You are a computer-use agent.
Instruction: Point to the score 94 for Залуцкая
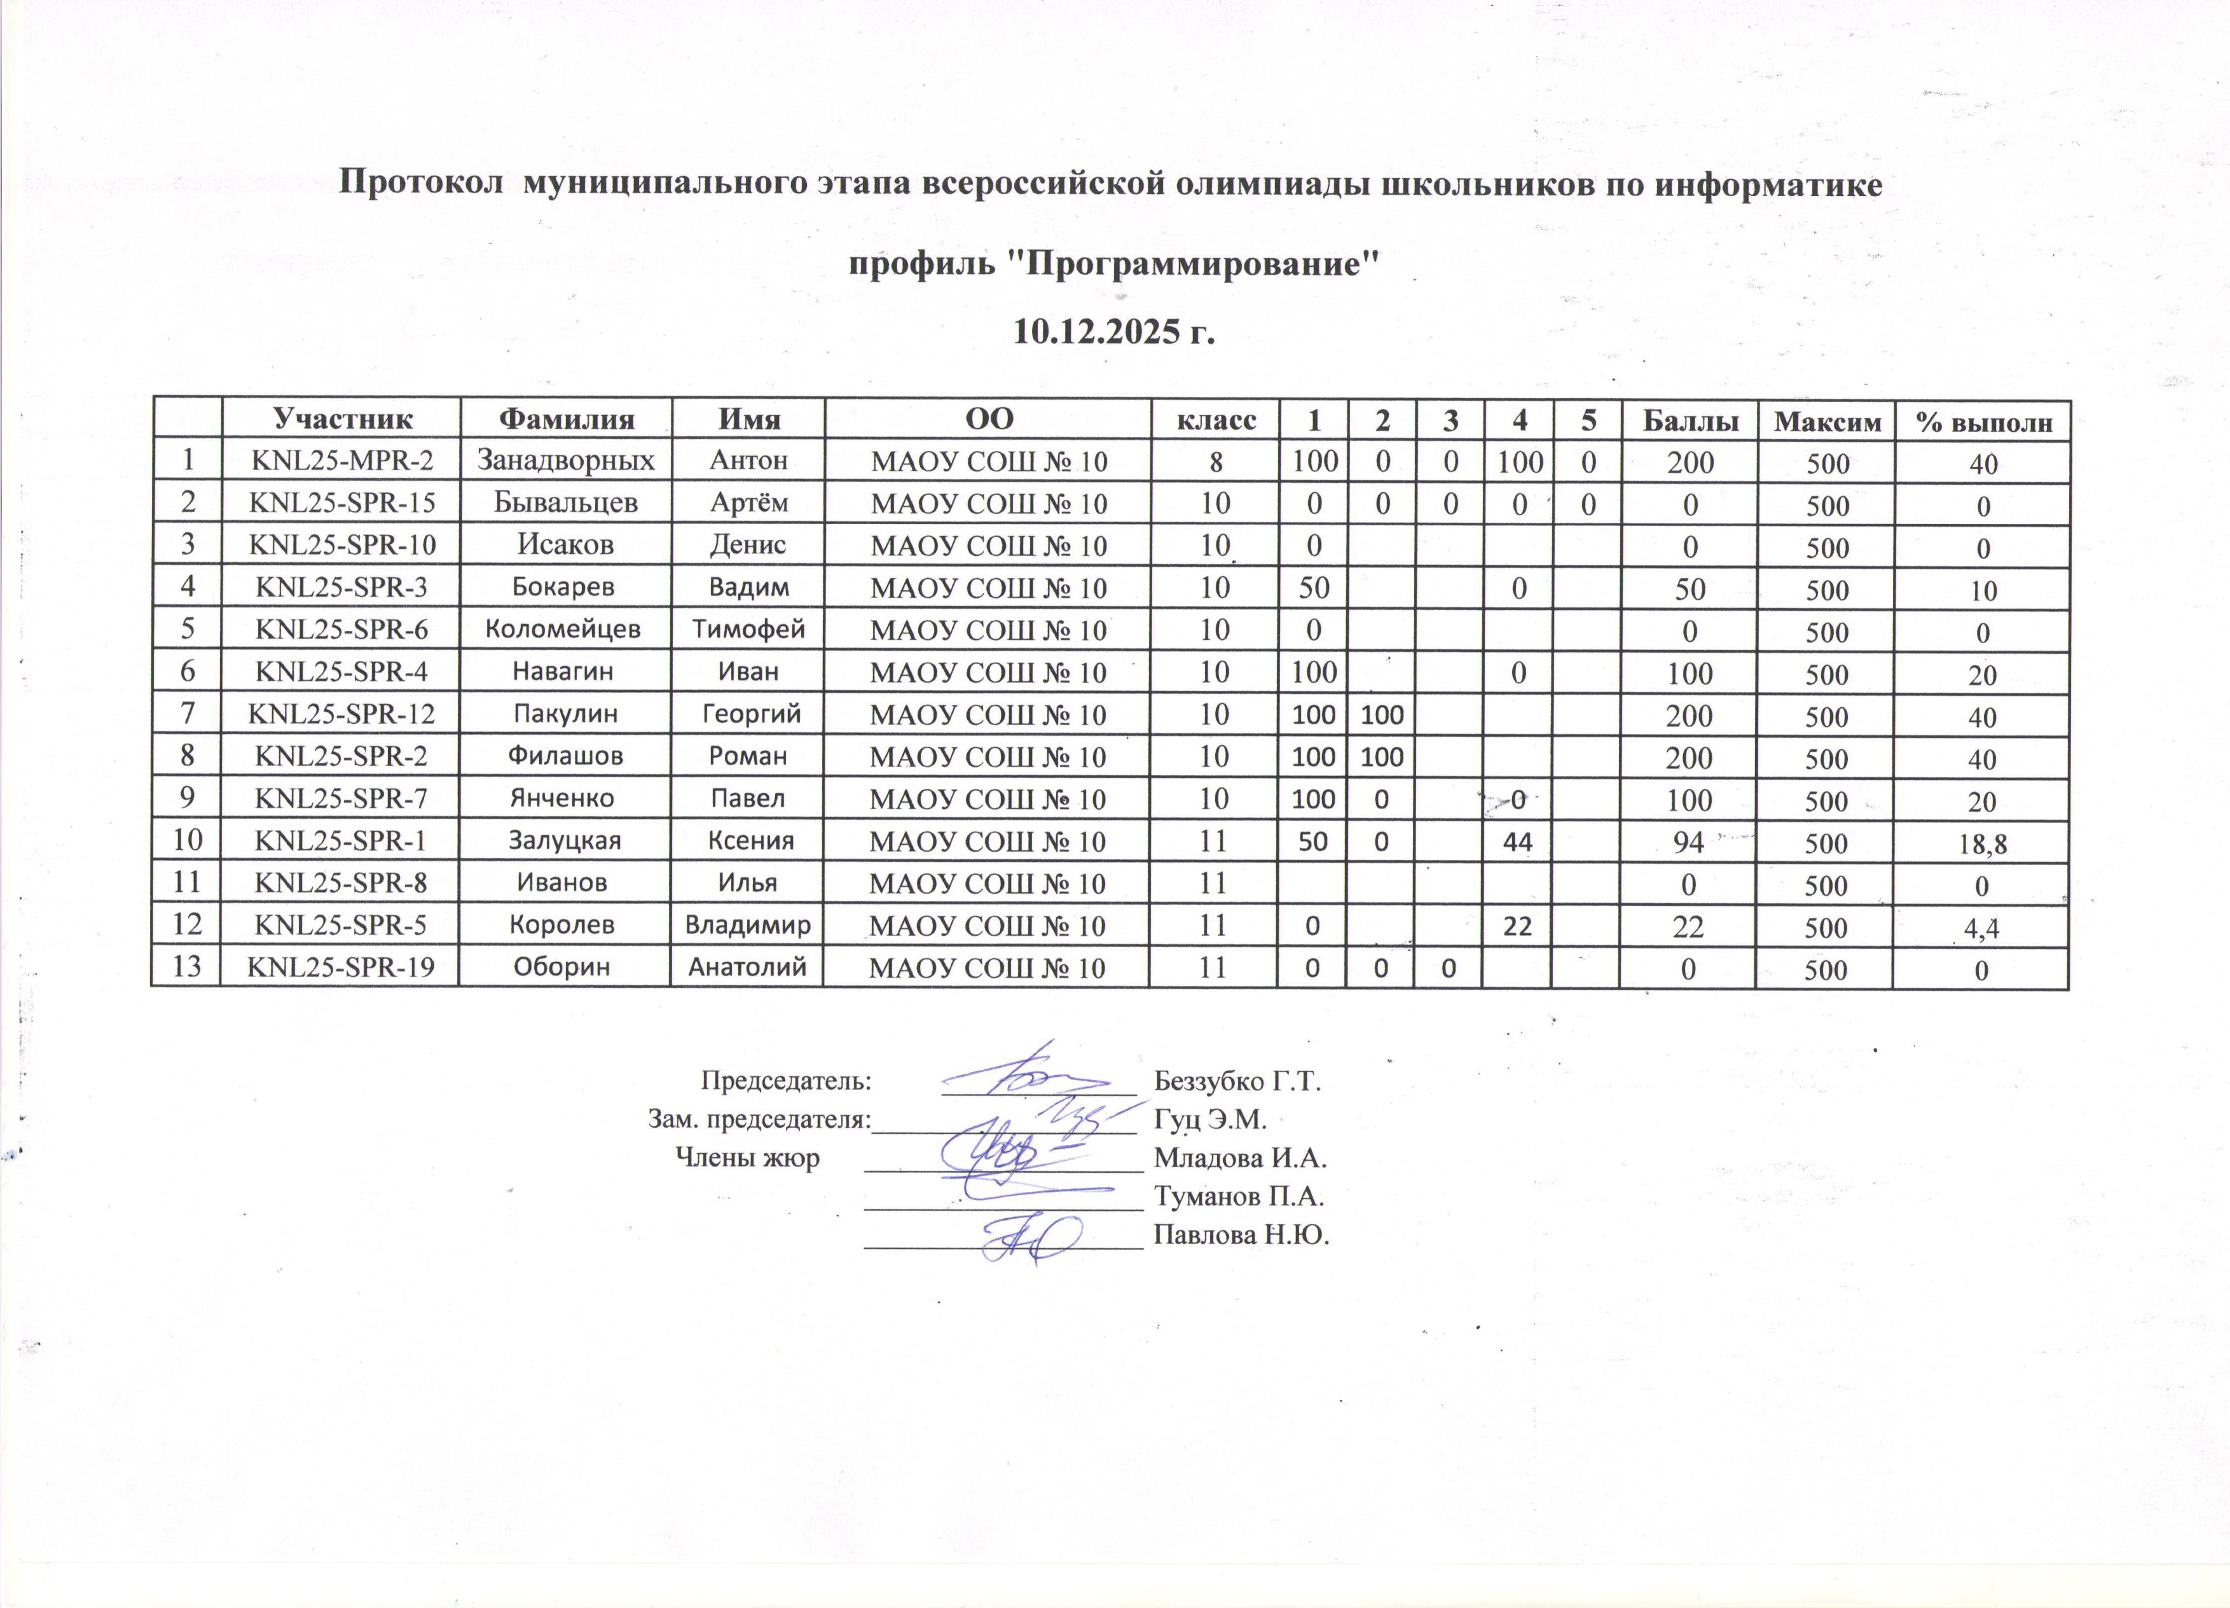click(1690, 842)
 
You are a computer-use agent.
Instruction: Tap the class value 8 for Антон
click(1216, 461)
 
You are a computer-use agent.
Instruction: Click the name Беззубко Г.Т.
click(1237, 1082)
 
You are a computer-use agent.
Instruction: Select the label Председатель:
click(785, 1081)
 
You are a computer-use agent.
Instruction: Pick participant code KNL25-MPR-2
click(342, 461)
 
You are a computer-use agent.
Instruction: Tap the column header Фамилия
click(567, 420)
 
